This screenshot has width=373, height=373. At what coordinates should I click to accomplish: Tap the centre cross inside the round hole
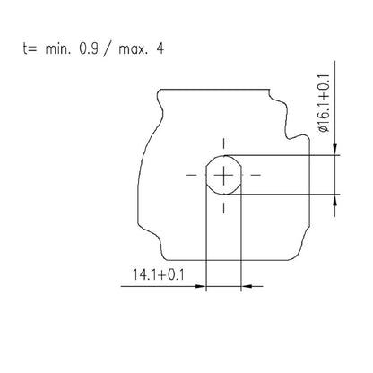click(223, 173)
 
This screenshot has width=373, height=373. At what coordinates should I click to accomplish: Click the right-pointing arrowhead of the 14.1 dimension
click(200, 287)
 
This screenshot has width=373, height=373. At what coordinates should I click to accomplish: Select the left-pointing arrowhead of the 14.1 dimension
click(247, 287)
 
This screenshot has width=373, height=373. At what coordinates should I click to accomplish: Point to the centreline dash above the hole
click(223, 143)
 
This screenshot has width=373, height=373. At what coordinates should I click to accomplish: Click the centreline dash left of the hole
click(190, 173)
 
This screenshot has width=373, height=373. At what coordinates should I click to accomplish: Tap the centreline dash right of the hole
click(256, 173)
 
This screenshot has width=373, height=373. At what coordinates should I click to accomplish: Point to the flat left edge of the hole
click(206, 173)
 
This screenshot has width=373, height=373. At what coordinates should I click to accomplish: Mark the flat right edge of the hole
click(240, 173)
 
